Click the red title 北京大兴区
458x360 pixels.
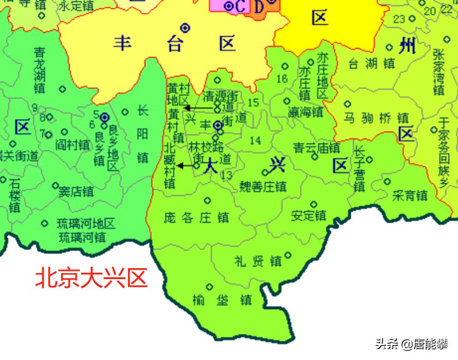(x=92, y=278)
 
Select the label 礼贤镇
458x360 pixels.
(x=258, y=261)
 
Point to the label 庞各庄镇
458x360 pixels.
(x=196, y=218)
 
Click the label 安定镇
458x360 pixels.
(x=309, y=215)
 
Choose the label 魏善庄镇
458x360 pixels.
(x=263, y=186)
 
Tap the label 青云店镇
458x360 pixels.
(x=316, y=148)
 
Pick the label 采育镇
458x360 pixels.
(x=410, y=195)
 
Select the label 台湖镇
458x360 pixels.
(x=371, y=64)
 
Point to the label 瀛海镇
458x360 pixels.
(x=305, y=112)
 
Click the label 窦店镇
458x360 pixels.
(x=76, y=192)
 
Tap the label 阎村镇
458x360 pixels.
(x=72, y=145)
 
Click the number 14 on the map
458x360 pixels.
(x=255, y=140)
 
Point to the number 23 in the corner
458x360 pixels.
(x=399, y=19)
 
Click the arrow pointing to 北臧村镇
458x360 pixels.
(x=186, y=166)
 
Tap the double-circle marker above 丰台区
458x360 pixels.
(x=185, y=28)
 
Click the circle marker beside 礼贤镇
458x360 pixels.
(x=288, y=255)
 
